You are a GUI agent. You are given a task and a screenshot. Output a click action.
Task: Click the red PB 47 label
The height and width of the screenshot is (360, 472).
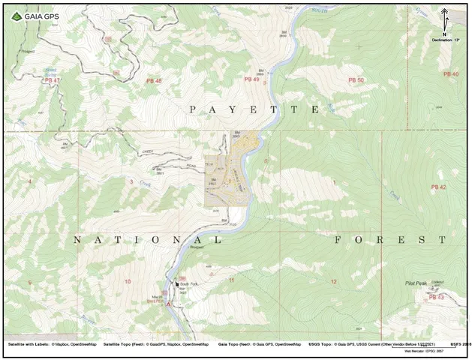[52, 79]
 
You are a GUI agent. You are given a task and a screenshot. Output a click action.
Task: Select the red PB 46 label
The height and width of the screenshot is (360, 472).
[152, 80]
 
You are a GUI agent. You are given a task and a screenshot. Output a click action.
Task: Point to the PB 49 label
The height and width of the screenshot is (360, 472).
[251, 79]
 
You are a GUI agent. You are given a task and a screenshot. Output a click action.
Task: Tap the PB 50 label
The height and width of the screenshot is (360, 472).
[356, 79]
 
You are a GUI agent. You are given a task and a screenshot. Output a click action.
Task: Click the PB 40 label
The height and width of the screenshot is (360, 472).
[450, 74]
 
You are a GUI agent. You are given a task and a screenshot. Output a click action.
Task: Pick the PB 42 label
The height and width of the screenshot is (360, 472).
[438, 186]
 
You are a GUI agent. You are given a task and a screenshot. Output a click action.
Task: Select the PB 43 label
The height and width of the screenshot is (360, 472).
[436, 298]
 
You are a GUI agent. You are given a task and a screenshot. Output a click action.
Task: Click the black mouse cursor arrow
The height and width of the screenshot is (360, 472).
[177, 285]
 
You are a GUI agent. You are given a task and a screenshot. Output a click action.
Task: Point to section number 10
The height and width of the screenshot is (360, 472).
[128, 281]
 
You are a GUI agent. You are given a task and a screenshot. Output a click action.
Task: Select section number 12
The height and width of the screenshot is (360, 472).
[332, 281]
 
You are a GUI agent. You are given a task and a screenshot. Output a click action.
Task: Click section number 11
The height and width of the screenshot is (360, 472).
[232, 280]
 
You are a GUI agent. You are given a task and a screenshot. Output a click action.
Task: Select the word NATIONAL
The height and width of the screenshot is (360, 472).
[147, 240]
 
